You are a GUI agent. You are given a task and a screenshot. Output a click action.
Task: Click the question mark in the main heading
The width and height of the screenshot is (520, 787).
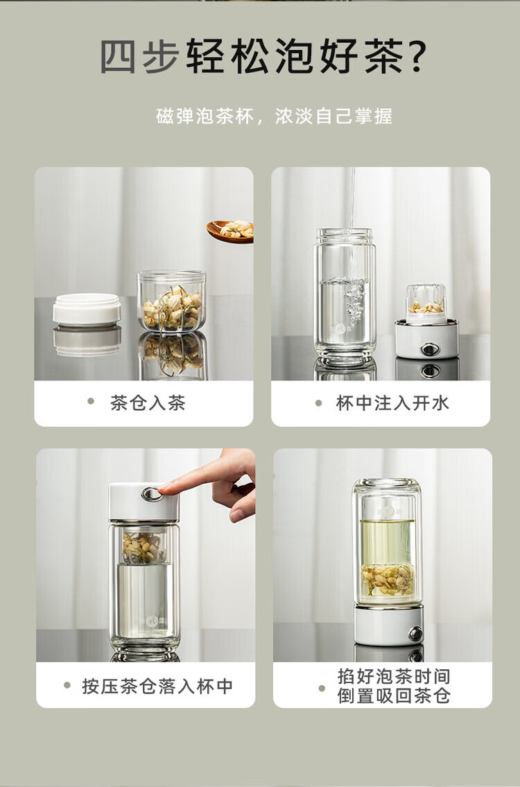(x=415, y=56)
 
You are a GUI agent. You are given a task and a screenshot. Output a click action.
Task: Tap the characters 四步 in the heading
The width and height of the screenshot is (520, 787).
(x=139, y=56)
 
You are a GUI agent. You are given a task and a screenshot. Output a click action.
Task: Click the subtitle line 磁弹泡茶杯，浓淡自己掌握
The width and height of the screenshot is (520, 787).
(x=274, y=116)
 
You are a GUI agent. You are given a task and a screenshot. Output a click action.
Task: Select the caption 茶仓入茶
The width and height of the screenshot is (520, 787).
(x=148, y=403)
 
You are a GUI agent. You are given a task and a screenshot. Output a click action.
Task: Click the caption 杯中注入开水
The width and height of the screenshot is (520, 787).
(x=392, y=403)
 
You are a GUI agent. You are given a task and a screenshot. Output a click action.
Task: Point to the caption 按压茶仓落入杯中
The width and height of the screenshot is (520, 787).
(x=157, y=686)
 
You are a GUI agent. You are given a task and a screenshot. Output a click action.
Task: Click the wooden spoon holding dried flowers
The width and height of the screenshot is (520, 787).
(x=230, y=231)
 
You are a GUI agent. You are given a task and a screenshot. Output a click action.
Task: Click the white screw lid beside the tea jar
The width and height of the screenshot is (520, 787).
(x=87, y=309)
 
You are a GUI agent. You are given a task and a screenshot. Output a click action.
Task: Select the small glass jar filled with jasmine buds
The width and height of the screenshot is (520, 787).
(x=172, y=301)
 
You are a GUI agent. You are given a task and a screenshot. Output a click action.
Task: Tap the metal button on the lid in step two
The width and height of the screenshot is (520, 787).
(x=430, y=348)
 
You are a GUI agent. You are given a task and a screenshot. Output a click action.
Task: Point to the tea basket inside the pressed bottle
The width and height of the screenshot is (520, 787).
(x=144, y=545)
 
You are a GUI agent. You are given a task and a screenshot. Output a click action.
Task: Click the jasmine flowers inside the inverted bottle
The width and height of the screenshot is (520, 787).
(x=388, y=580)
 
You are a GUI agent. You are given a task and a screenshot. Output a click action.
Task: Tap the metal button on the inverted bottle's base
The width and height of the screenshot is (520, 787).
(x=415, y=633)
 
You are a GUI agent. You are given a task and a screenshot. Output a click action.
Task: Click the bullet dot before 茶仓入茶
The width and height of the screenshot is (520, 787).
(x=91, y=401)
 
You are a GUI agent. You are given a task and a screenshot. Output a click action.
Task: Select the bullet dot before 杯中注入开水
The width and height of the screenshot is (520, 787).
(x=318, y=403)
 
